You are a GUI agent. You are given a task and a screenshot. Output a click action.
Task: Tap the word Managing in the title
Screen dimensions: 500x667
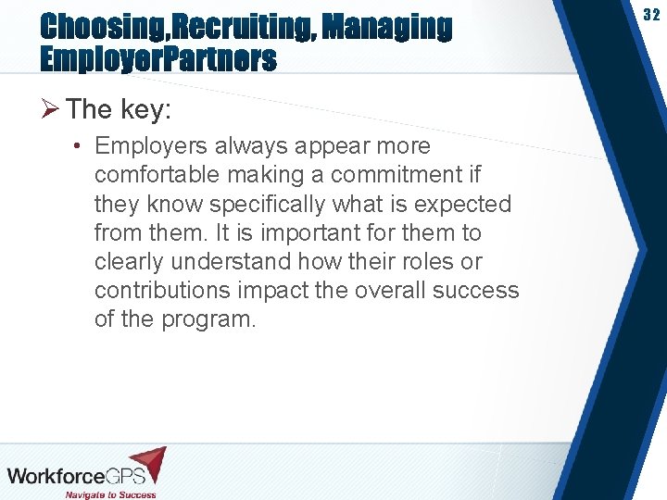pyautogui.click(x=390, y=28)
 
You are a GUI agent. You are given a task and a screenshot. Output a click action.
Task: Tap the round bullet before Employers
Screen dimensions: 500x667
pyautogui.click(x=81, y=146)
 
